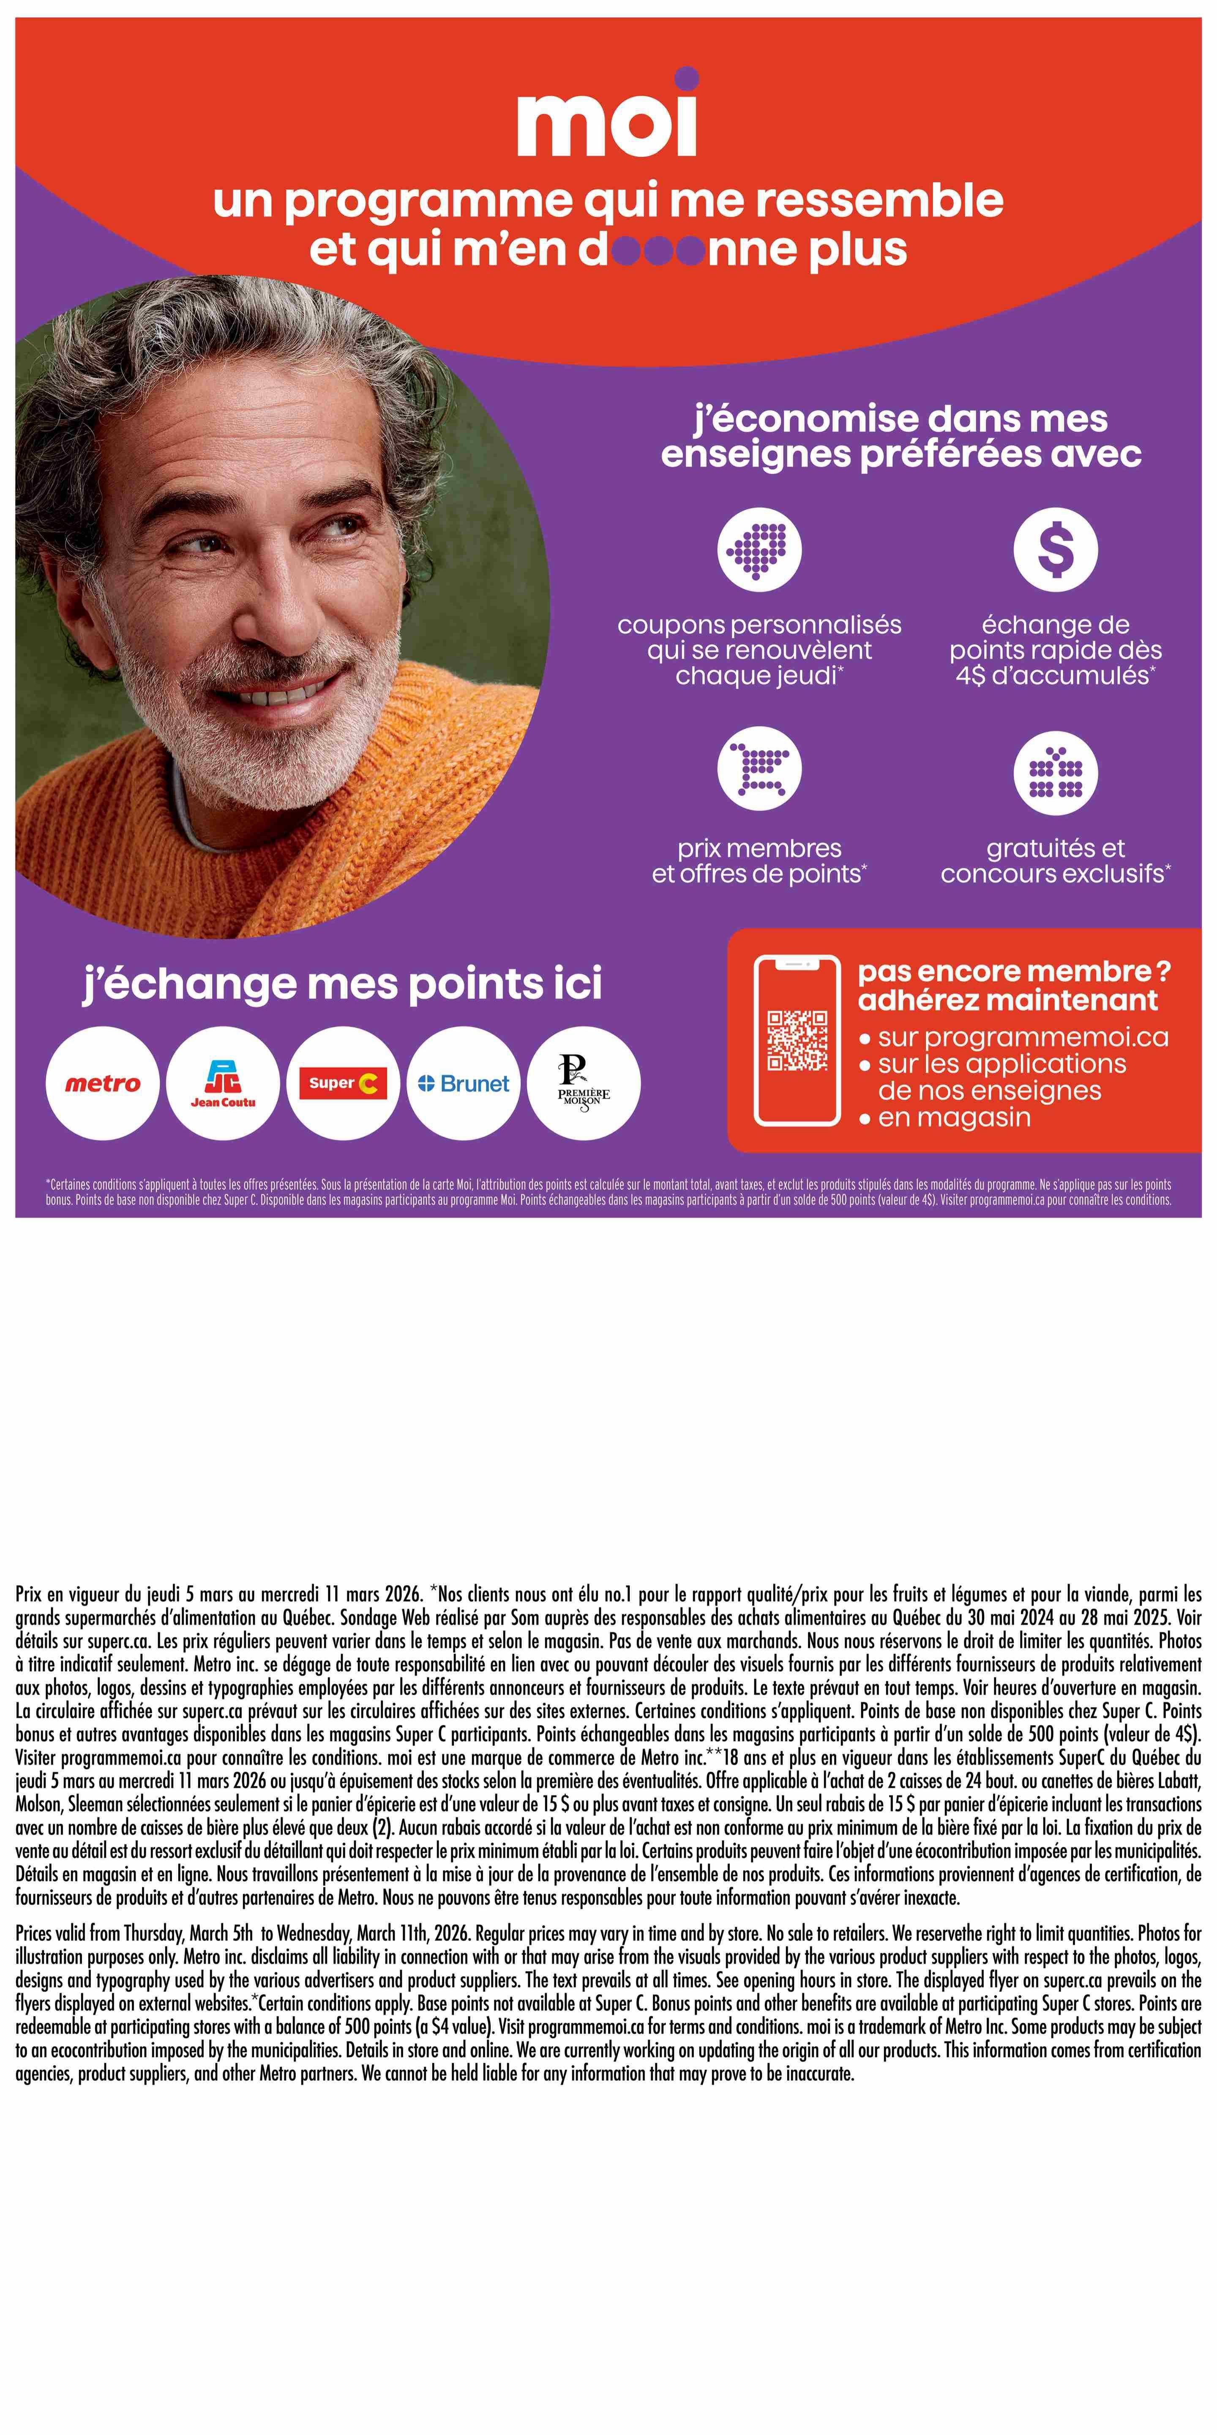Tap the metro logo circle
click(x=102, y=1083)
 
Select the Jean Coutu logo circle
click(x=223, y=1083)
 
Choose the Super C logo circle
click(x=343, y=1083)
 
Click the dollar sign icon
click(x=1056, y=549)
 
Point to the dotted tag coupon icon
click(x=759, y=549)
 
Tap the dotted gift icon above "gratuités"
click(x=1056, y=772)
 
